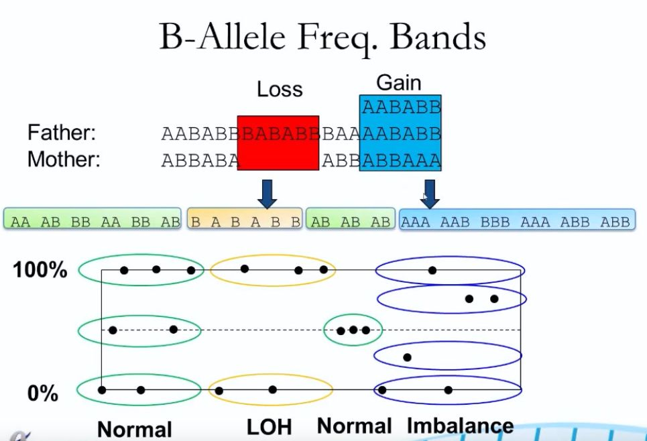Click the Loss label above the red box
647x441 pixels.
280,89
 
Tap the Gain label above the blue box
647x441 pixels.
399,83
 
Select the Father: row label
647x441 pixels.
62,133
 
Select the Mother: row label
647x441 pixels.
64,160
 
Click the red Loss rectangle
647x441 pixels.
278,143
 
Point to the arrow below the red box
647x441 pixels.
267,194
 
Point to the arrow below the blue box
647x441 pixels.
430,194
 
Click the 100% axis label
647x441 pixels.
40,270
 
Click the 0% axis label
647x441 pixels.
42,393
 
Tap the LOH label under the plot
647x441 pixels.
269,427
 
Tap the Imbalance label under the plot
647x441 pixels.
460,426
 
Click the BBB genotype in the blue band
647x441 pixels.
495,223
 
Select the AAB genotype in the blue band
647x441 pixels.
455,223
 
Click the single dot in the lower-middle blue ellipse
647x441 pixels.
407,357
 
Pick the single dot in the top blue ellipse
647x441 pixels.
432,270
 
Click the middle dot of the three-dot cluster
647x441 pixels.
353,330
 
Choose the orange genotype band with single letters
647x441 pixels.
245,218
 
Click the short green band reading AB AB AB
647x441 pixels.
351,218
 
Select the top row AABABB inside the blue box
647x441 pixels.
402,108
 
